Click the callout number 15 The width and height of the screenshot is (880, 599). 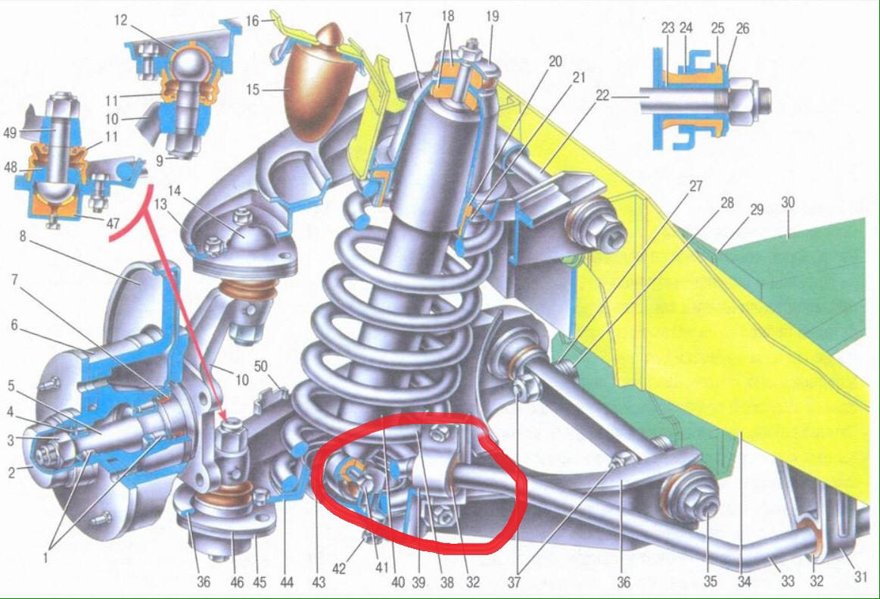coord(253,89)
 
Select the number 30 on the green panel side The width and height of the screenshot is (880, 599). coord(788,202)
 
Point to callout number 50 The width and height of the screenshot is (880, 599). coord(261,367)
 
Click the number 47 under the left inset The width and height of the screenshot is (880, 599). coord(113,223)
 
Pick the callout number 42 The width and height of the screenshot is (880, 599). coord(339,569)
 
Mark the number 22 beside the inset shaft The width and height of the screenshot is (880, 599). coord(602,95)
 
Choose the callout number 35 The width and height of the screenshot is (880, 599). coord(710,581)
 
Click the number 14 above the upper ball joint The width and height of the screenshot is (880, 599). coord(175,191)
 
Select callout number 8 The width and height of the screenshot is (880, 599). coord(23,236)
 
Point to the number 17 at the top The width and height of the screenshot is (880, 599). coord(405,17)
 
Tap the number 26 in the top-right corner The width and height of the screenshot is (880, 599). coord(742,27)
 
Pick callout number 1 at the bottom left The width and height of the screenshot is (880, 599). coord(45,558)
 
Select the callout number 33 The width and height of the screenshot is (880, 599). coord(788,581)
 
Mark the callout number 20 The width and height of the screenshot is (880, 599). coord(555,61)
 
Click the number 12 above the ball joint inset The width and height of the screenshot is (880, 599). coord(120,20)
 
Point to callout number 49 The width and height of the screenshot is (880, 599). coord(10,133)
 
